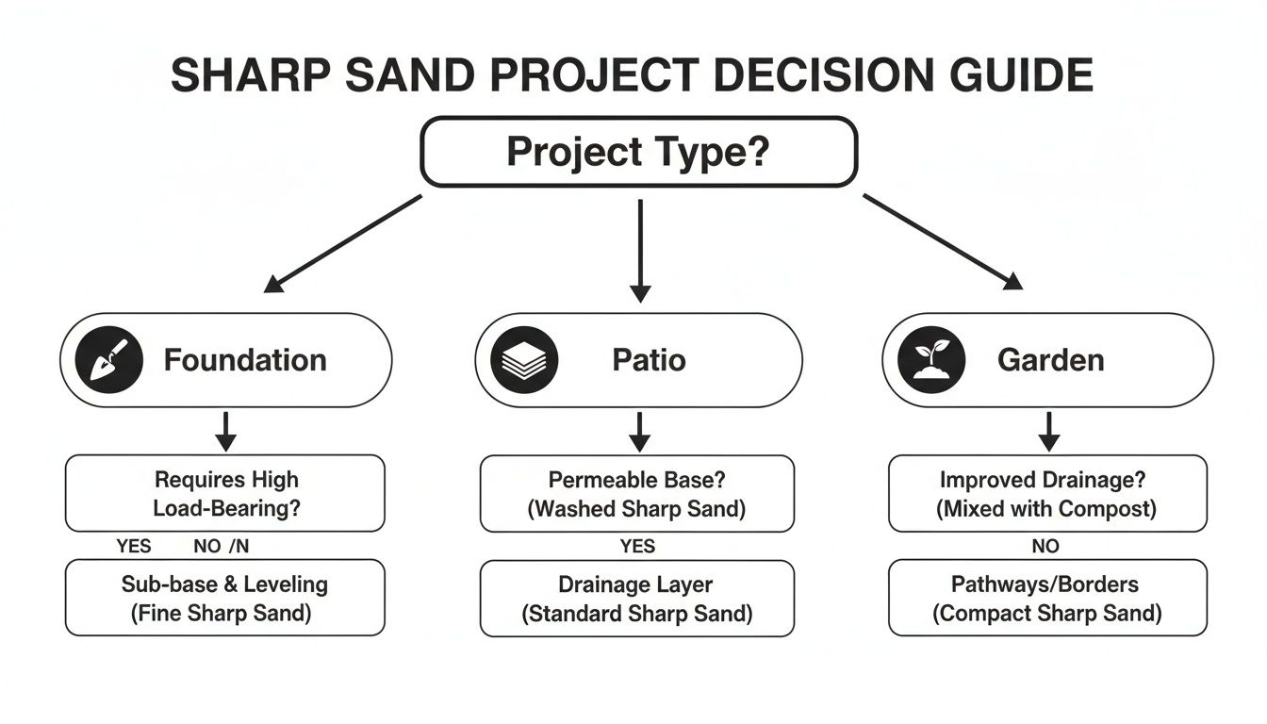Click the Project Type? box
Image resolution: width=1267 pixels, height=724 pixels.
pyautogui.click(x=638, y=152)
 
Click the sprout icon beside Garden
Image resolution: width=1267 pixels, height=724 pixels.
pyautogui.click(x=931, y=360)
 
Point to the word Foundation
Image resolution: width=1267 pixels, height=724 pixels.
pyautogui.click(x=245, y=360)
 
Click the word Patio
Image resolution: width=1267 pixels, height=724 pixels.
pyautogui.click(x=649, y=360)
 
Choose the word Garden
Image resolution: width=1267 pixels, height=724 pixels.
pyautogui.click(x=1050, y=360)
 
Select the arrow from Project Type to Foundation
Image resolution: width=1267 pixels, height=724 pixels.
pyautogui.click(x=343, y=242)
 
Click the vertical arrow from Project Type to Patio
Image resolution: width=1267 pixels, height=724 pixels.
pyautogui.click(x=640, y=249)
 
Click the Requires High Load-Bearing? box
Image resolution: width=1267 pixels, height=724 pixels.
pyautogui.click(x=225, y=493)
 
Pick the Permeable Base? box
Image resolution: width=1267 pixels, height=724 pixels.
pyautogui.click(x=638, y=493)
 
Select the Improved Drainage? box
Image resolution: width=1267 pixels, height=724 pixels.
pyautogui.click(x=1047, y=493)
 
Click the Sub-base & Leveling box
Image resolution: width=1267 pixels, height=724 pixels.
pyautogui.click(x=225, y=598)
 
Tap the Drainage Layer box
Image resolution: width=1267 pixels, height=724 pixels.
pyautogui.click(x=638, y=598)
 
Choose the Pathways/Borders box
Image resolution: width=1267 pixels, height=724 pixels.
pyautogui.click(x=1047, y=598)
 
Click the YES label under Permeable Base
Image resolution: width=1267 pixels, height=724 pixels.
pyautogui.click(x=638, y=547)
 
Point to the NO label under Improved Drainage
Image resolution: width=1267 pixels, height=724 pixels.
pyautogui.click(x=1045, y=547)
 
